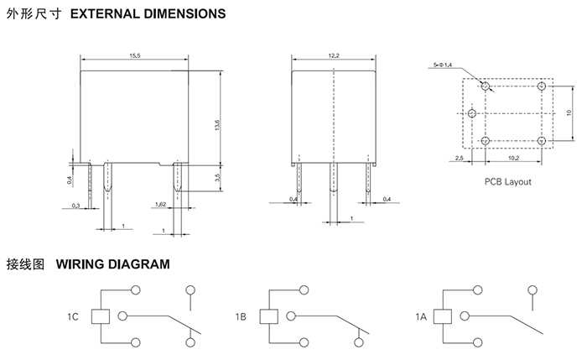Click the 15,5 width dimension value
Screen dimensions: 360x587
pyautogui.click(x=134, y=55)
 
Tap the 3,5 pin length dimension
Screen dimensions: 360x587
pyautogui.click(x=216, y=178)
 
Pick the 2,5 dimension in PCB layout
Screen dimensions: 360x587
pyautogui.click(x=460, y=157)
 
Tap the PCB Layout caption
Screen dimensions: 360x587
pyautogui.click(x=507, y=181)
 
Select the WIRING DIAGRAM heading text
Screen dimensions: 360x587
pyautogui.click(x=113, y=264)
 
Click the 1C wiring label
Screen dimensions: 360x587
pyautogui.click(x=73, y=317)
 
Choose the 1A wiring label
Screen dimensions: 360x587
pyautogui.click(x=420, y=317)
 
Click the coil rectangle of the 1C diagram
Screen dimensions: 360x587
pyautogui.click(x=101, y=316)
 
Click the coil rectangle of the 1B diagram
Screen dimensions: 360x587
pyautogui.click(x=268, y=316)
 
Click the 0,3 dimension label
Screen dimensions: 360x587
pyautogui.click(x=76, y=205)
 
